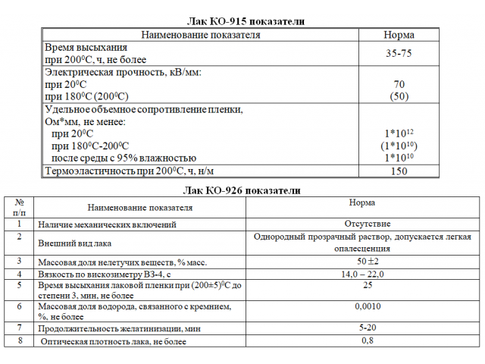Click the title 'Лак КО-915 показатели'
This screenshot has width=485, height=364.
(x=242, y=22)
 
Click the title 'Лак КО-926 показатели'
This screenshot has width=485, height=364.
(x=242, y=190)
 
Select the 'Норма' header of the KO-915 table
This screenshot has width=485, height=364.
(x=399, y=35)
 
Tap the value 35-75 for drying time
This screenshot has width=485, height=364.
(x=399, y=53)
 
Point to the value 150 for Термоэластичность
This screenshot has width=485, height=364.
(x=399, y=171)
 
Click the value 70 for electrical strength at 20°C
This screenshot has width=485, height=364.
(x=399, y=84)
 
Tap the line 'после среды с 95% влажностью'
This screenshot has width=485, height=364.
(x=124, y=158)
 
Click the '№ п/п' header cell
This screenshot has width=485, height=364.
(x=19, y=207)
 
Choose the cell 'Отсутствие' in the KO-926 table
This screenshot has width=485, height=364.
(x=368, y=224)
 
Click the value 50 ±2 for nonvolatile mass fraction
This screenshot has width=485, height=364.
(x=368, y=261)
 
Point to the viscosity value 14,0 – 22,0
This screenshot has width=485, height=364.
(x=368, y=273)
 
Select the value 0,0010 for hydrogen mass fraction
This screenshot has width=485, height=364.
(x=368, y=306)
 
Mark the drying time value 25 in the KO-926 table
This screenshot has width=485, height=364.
(x=368, y=285)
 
